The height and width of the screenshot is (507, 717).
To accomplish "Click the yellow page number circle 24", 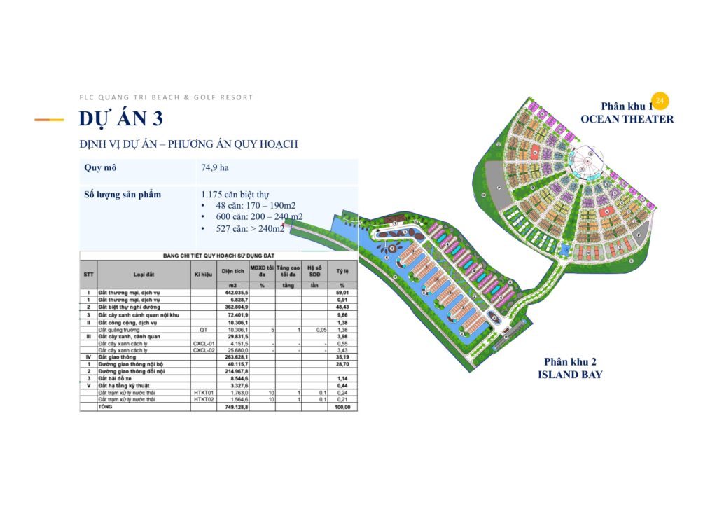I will [659, 101].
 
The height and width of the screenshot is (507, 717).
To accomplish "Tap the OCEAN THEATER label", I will [627, 119].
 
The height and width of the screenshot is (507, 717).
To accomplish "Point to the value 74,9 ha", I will [215, 168].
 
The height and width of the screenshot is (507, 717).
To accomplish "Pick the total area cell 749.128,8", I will [234, 406].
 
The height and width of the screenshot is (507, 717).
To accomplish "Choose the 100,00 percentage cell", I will [342, 406].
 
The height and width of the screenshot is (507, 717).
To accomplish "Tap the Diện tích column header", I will [233, 269].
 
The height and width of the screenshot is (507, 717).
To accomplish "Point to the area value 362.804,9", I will [234, 307].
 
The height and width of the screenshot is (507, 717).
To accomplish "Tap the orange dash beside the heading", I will [50, 120].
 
